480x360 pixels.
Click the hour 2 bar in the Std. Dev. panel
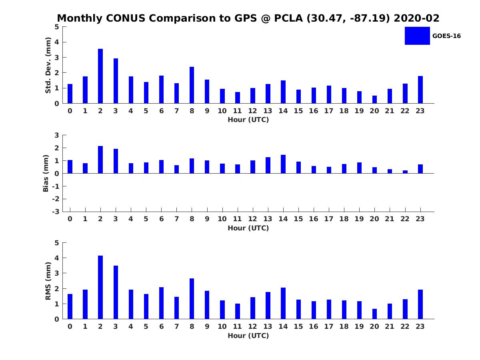pyautogui.click(x=100, y=76)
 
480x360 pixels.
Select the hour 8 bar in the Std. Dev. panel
pyautogui.click(x=192, y=85)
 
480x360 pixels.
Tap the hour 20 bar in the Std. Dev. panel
pyautogui.click(x=374, y=99)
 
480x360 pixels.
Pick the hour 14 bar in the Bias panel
pyautogui.click(x=283, y=164)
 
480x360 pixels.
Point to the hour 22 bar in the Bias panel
pyautogui.click(x=405, y=172)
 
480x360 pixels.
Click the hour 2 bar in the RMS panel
pyautogui.click(x=100, y=287)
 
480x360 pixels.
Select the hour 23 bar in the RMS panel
pyautogui.click(x=420, y=304)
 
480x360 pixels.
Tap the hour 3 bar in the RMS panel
pyautogui.click(x=116, y=292)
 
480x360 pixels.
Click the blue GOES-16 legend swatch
pyautogui.click(x=417, y=36)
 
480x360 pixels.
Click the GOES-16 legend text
pyautogui.click(x=446, y=36)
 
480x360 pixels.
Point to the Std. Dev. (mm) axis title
pyautogui.click(x=48, y=65)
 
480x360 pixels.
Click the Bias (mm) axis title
pyautogui.click(x=46, y=173)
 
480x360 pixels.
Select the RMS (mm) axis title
pyautogui.click(x=48, y=281)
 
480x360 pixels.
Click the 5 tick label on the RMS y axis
pyautogui.click(x=57, y=243)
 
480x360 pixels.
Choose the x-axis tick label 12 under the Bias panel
pyautogui.click(x=253, y=219)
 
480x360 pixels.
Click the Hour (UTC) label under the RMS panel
pyautogui.click(x=248, y=336)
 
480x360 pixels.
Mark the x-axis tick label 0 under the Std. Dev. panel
pyautogui.click(x=70, y=111)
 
